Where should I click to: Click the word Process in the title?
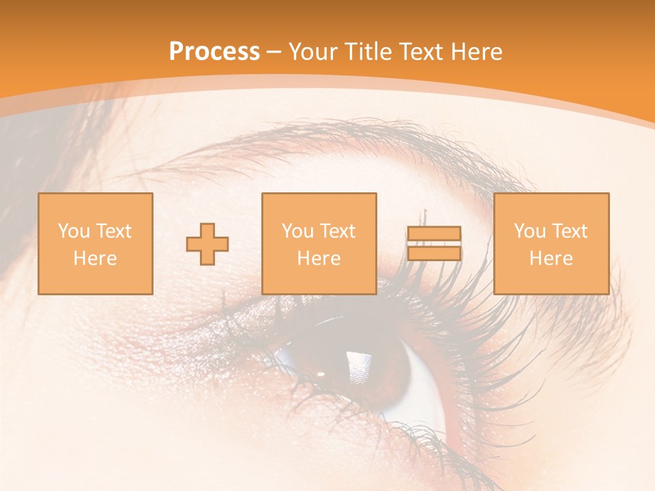pyautogui.click(x=214, y=52)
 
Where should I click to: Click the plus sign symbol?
pyautogui.click(x=207, y=244)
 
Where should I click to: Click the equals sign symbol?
pyautogui.click(x=434, y=243)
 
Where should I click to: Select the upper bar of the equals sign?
pyautogui.click(x=434, y=234)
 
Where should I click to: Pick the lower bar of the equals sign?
pyautogui.click(x=434, y=254)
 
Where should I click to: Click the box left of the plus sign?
pyautogui.click(x=96, y=243)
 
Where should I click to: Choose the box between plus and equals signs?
pyautogui.click(x=319, y=243)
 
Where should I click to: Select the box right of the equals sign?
pyautogui.click(x=551, y=243)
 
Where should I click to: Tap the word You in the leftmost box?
pyautogui.click(x=73, y=231)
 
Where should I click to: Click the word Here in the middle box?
pyautogui.click(x=319, y=258)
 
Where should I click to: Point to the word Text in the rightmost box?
pyautogui.click(x=570, y=231)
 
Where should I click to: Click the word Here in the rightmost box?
pyautogui.click(x=551, y=258)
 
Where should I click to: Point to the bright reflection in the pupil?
pyautogui.click(x=359, y=366)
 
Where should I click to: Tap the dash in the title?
pyautogui.click(x=274, y=52)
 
